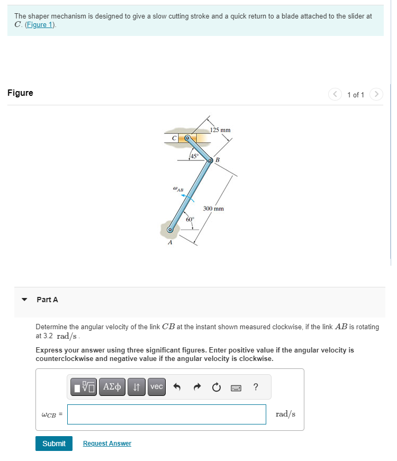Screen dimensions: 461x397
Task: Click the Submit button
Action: click(54, 443)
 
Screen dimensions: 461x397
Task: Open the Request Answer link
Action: click(107, 443)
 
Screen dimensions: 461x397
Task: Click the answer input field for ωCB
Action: click(166, 414)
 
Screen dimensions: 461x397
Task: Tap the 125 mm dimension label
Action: click(220, 130)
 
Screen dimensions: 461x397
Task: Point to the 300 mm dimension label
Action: click(213, 209)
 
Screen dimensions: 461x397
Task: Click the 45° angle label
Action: click(194, 156)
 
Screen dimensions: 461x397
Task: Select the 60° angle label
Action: click(190, 219)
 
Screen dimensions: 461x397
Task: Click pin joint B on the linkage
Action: click(210, 160)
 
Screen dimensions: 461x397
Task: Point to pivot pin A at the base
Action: click(170, 230)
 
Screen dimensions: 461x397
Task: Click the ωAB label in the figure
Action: click(178, 188)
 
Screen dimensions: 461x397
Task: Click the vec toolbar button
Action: click(157, 387)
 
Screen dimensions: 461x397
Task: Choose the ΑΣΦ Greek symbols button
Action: click(111, 387)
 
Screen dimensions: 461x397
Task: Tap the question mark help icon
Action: click(256, 387)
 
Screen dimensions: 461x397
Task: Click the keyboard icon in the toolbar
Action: click(236, 387)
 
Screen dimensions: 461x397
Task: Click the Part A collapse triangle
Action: click(24, 300)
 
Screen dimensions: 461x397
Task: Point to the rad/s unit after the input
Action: click(286, 414)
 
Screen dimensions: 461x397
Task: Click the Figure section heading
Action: click(20, 93)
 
